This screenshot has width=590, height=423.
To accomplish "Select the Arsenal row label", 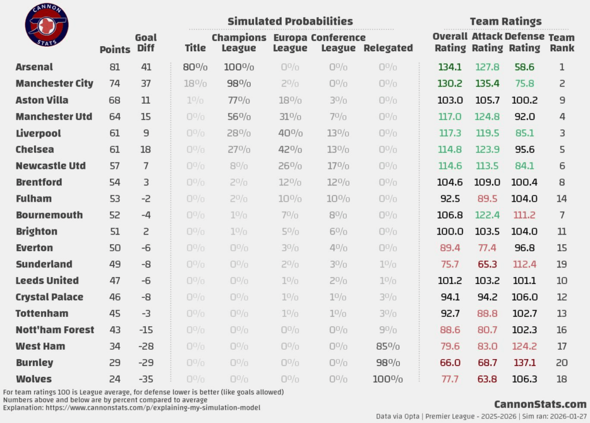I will click(34, 67).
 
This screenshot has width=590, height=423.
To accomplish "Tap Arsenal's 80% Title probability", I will click(195, 67).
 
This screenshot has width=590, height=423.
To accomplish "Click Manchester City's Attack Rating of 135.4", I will click(487, 84).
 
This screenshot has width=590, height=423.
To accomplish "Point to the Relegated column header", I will click(388, 48).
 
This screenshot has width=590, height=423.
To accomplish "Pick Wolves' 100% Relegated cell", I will click(388, 379).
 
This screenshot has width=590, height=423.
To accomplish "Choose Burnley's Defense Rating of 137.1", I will click(524, 362).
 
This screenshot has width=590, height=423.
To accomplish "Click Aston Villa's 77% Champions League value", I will click(239, 100).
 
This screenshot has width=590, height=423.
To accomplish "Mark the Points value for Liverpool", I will click(115, 133).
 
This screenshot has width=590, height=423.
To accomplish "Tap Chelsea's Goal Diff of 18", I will click(146, 149).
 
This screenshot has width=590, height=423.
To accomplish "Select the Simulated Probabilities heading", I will click(290, 21).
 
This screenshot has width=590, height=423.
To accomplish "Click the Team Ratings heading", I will click(505, 21).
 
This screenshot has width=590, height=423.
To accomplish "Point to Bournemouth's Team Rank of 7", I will click(562, 215).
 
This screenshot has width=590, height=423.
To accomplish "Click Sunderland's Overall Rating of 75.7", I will click(450, 264).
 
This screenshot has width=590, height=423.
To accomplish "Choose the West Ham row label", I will click(40, 346).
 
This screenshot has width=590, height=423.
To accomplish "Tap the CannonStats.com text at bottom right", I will click(540, 404).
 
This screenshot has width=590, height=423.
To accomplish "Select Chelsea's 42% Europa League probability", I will click(290, 149).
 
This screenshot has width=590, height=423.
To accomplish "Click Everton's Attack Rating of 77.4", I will click(487, 248).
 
